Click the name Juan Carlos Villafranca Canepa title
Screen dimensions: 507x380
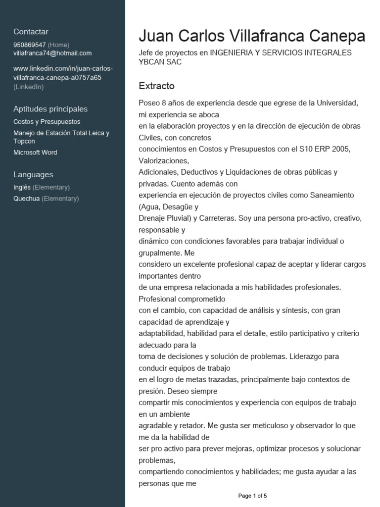[252, 36]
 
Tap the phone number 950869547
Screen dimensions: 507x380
[30, 45]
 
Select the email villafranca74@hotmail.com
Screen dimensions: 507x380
[52, 53]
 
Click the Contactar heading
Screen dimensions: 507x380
[31, 32]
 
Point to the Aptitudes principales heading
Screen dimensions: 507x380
[50, 109]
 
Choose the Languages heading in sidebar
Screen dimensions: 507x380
[33, 174]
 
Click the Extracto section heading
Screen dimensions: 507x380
[156, 86]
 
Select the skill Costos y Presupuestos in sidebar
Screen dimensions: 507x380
[47, 122]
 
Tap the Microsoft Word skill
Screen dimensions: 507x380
[35, 152]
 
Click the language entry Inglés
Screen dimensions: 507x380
[22, 187]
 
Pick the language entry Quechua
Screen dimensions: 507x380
[27, 199]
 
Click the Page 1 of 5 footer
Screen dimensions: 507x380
[252, 496]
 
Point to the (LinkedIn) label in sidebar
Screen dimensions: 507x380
[29, 87]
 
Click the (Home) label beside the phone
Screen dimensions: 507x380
[59, 45]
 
